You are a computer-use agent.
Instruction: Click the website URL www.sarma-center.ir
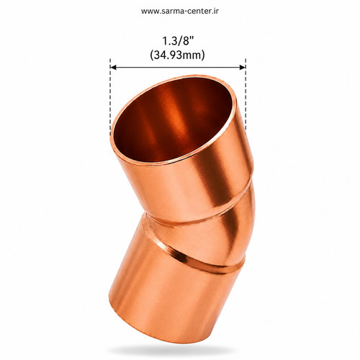coord(180,11)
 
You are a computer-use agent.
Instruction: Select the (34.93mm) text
coord(177,55)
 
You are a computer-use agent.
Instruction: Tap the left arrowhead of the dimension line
coord(113,67)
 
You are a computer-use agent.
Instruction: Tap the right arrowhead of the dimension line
coord(243,67)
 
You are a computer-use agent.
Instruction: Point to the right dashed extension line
coord(246,94)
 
